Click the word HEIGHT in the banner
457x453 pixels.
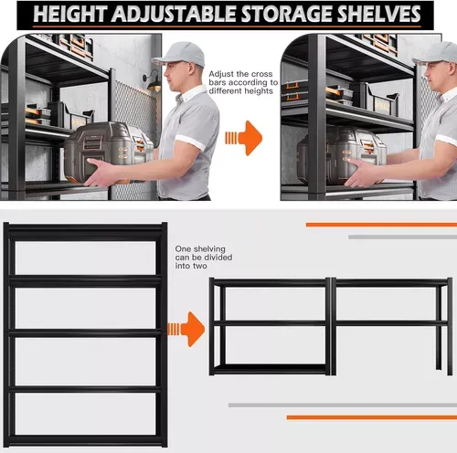(x=69, y=14)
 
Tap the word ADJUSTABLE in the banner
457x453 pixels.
(x=174, y=14)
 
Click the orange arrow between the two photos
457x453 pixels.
(x=244, y=138)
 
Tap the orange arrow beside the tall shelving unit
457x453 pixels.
(x=186, y=329)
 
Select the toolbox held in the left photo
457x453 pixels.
(x=108, y=153)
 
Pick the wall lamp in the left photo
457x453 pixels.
(x=153, y=80)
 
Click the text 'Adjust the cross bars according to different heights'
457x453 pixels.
(x=243, y=82)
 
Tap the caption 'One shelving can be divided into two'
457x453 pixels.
(x=204, y=258)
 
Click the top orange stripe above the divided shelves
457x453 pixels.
(x=381, y=225)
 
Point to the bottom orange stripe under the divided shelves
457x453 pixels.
(x=372, y=417)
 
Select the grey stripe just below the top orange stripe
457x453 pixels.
(x=403, y=237)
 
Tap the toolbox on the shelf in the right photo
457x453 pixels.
(x=342, y=154)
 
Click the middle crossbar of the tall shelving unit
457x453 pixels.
(x=85, y=332)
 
